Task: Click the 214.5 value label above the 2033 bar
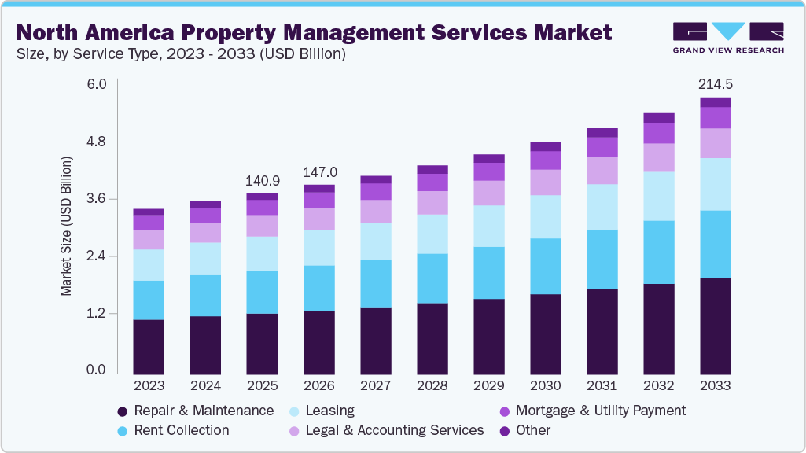click(x=715, y=84)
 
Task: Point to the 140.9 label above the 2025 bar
click(x=262, y=179)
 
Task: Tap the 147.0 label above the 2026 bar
click(x=319, y=171)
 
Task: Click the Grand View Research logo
click(x=727, y=38)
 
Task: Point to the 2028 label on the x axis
click(x=432, y=386)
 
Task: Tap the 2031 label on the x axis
click(x=602, y=386)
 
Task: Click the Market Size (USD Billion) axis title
click(x=66, y=226)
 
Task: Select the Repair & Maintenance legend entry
click(x=195, y=411)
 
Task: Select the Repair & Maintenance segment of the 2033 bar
click(x=715, y=325)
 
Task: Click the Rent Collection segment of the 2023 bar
click(x=149, y=300)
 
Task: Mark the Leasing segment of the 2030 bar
click(x=545, y=216)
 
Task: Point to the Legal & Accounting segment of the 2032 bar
click(x=658, y=157)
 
